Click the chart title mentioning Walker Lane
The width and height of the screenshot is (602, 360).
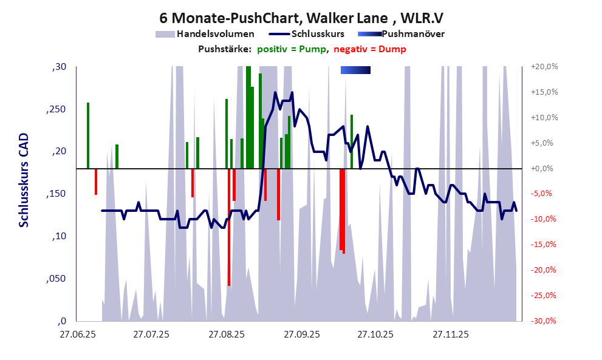[x=301, y=18]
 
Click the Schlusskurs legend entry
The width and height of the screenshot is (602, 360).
[x=318, y=34]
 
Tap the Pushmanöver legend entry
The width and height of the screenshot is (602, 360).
[x=416, y=34]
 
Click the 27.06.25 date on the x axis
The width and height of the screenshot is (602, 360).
[x=77, y=335]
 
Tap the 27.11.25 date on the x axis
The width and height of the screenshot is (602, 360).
[x=450, y=335]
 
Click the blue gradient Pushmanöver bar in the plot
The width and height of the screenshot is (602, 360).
[x=355, y=70]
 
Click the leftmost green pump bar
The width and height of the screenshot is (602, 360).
[x=88, y=135]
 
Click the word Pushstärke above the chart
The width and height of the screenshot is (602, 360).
[x=224, y=49]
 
